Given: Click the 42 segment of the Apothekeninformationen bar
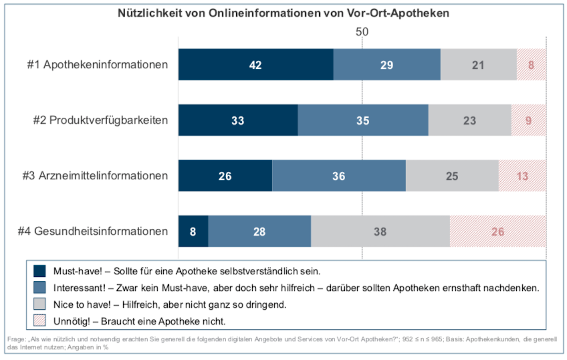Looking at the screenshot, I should pos(256,65).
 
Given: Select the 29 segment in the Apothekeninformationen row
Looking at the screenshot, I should pos(387,65).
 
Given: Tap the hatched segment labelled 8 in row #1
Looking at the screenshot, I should pos(531,65).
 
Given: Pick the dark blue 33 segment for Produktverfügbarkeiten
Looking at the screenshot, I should pos(238,120).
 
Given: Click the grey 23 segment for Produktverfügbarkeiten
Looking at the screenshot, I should pos(470,120).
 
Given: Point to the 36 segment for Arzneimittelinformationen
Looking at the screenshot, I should pos(339,176).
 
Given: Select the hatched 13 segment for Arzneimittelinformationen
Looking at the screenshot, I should pos(522,176).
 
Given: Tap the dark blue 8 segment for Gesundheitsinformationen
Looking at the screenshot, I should pos(193,231).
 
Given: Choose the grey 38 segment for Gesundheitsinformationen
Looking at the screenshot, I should pos(380,231).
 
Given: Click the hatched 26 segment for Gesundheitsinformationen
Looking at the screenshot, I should pos(498,231).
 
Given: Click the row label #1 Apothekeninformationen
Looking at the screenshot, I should pos(97,65).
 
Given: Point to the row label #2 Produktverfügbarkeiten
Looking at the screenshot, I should pos(100,120).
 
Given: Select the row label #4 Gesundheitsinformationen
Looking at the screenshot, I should pos(93,231).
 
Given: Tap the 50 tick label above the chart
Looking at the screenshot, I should pos(362,32).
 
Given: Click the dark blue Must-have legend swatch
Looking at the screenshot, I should pos(40,271).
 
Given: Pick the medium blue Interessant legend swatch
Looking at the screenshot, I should pos(40,288).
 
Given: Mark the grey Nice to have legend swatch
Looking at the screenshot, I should pos(40,304).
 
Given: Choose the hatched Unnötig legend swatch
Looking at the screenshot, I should pos(40,321).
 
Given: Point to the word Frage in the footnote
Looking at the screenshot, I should pos(16,339).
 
